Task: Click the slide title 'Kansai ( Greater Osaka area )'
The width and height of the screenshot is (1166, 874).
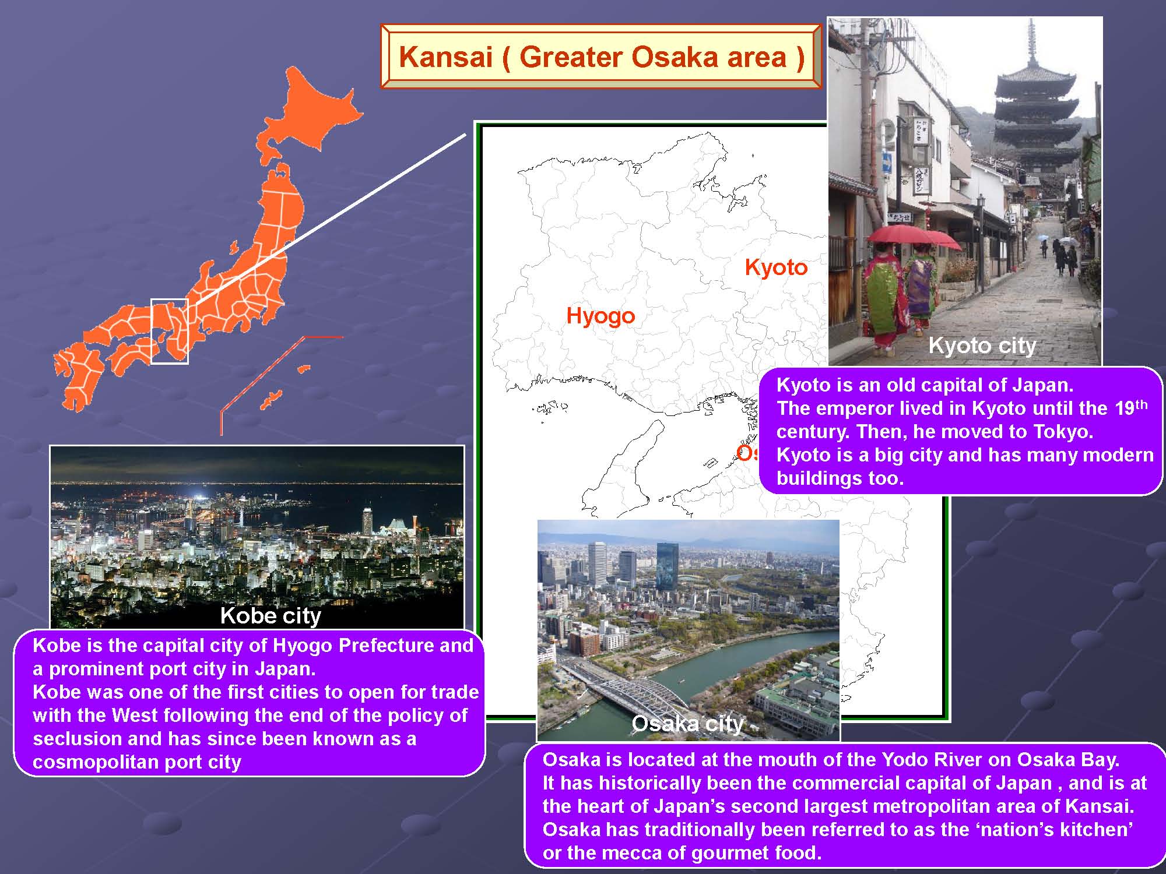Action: click(x=601, y=57)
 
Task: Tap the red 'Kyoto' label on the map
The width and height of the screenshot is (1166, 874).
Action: click(x=776, y=267)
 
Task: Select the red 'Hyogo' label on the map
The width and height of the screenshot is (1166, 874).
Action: click(x=600, y=316)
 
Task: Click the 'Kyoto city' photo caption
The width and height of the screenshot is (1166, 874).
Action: click(x=982, y=346)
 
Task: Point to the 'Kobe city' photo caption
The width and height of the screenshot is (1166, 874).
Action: click(x=271, y=615)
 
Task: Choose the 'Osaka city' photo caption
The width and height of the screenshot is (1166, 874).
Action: click(x=688, y=723)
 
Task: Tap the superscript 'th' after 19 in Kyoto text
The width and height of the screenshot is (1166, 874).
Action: click(x=1141, y=404)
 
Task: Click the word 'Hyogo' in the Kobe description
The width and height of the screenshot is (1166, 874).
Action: click(x=303, y=646)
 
